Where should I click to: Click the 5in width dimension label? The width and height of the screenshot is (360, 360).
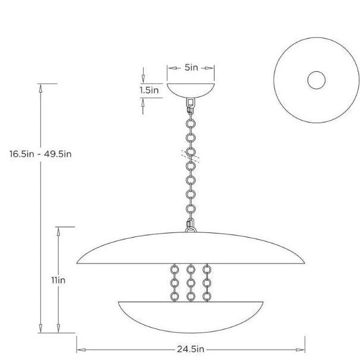[191, 68]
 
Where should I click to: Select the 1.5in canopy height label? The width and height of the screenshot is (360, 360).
[149, 91]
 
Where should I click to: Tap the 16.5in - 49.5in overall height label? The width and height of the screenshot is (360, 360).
[40, 154]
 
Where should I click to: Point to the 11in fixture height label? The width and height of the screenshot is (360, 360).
[58, 280]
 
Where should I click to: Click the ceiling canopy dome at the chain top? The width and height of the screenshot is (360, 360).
[191, 90]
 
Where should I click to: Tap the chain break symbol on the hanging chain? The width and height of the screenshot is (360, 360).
[191, 155]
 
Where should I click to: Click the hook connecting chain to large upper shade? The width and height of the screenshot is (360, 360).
[191, 226]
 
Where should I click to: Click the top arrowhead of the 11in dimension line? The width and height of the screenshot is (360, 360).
[58, 230]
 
